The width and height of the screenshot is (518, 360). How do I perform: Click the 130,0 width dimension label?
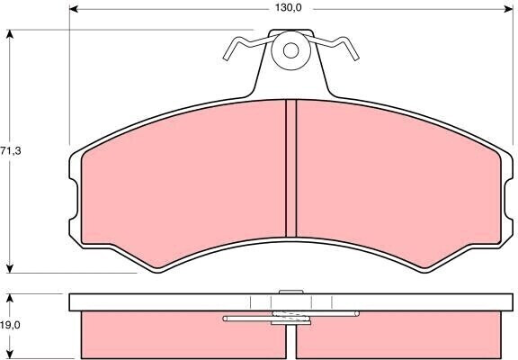289,8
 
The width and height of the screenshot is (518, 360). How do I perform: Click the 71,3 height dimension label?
11,151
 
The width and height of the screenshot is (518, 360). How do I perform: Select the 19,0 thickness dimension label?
10,325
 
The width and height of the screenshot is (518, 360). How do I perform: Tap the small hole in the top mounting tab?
290,50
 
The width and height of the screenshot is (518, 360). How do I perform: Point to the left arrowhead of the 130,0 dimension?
74,9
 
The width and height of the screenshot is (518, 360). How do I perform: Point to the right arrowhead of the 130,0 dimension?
509,9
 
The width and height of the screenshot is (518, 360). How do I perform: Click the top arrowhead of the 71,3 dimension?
10,34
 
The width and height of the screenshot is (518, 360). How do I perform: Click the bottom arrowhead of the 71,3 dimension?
10,269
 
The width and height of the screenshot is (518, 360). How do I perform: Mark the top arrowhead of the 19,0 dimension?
10,299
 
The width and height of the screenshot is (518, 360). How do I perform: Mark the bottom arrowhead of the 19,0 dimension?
10,354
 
